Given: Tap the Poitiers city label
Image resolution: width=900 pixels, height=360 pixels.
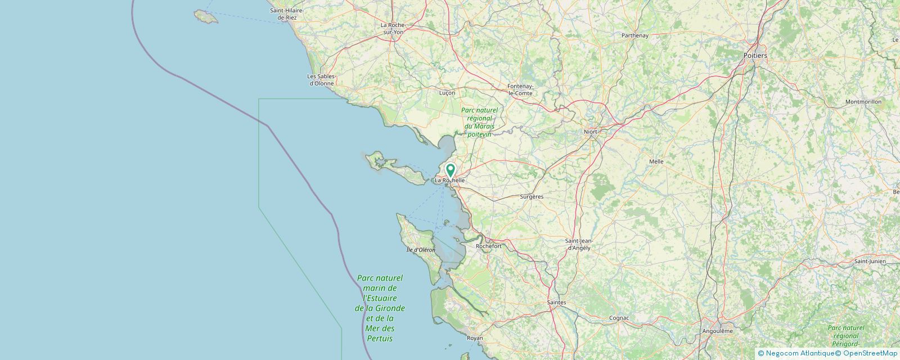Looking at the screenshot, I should point(755,56).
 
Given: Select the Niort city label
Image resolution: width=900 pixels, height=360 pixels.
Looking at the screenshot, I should point(590,132).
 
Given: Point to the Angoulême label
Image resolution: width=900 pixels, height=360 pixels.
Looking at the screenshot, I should point(717,331).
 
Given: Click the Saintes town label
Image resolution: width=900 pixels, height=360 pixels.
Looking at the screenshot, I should point(556,303).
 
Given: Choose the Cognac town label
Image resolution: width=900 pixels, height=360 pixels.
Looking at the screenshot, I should point(619,318).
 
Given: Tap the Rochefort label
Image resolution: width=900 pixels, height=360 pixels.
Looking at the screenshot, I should point(488,246).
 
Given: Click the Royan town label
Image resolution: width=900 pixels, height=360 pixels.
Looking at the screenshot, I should point(475,338).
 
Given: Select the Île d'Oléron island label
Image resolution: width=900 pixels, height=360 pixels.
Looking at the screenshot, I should point(421,250).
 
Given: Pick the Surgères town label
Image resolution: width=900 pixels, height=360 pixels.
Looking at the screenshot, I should point(532,197).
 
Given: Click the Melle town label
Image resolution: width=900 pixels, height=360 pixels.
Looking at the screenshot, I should point(656,161).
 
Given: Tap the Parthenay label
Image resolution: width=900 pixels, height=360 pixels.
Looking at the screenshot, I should point(634,35).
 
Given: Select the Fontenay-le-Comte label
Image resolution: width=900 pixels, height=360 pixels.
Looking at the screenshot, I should point(520,89).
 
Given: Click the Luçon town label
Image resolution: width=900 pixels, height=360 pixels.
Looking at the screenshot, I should point(447,93).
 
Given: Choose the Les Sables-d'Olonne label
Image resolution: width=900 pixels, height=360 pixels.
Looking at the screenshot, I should point(322,80).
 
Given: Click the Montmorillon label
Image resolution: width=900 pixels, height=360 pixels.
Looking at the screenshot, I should point(863,102).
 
